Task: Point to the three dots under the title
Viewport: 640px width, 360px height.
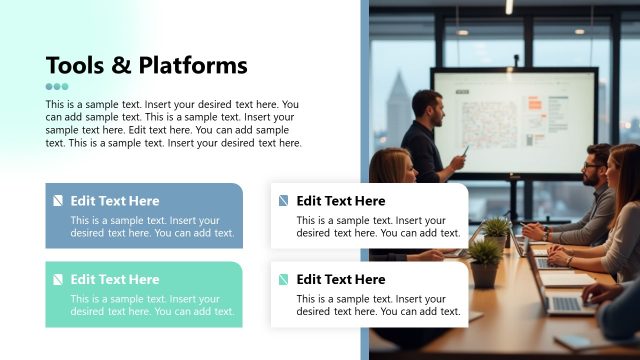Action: (57, 87)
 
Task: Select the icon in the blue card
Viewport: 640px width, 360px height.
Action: (58, 201)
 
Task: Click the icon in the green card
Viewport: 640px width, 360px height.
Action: (58, 280)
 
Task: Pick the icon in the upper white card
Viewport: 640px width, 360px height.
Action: (284, 201)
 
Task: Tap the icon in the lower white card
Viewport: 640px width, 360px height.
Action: (284, 280)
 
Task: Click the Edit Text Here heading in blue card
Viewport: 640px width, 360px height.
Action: (114, 201)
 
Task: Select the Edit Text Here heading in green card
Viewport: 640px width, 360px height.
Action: (114, 280)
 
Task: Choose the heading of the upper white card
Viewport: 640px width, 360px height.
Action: (340, 201)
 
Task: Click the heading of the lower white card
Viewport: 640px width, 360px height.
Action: (340, 280)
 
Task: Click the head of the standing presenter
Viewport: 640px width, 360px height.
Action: (427, 105)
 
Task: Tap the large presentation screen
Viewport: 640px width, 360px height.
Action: (514, 120)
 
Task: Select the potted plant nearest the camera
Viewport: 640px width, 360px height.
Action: (486, 261)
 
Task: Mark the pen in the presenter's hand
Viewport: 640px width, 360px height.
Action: (465, 150)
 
